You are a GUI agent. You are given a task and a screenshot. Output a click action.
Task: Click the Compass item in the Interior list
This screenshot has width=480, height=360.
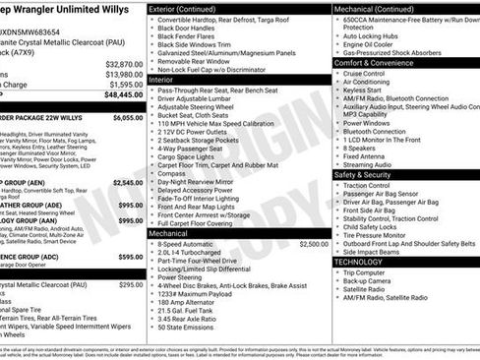click(x=173, y=173)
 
